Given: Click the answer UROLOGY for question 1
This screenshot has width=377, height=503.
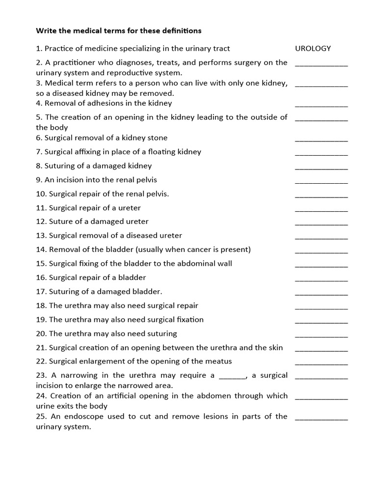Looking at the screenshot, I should pyautogui.click(x=313, y=49).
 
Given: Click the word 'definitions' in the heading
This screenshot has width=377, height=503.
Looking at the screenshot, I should pyautogui.click(x=180, y=30).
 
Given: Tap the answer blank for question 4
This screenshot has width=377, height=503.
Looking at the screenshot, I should pyautogui.click(x=321, y=105).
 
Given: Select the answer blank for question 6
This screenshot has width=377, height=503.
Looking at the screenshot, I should pyautogui.click(x=321, y=140).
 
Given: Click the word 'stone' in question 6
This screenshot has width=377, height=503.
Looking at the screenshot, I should pyautogui.click(x=157, y=138).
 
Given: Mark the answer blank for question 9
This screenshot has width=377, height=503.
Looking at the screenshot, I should pyautogui.click(x=321, y=182).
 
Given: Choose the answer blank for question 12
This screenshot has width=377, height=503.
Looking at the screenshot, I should pyautogui.click(x=321, y=224).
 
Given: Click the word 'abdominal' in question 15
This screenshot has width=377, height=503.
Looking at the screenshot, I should pyautogui.click(x=184, y=263).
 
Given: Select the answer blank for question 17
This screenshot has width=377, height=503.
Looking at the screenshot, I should pyautogui.click(x=321, y=294).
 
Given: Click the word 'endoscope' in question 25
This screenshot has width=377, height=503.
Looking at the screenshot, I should pyautogui.click(x=93, y=417).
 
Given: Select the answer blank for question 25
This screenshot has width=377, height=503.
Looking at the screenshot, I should pyautogui.click(x=321, y=419).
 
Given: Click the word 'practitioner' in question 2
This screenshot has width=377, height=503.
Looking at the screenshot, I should pyautogui.click(x=74, y=62).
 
